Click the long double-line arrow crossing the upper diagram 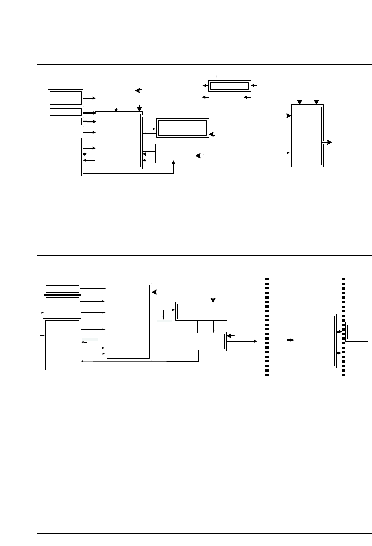215,115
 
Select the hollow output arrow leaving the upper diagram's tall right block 328,142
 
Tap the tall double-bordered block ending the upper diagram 307,136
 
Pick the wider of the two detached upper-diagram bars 229,86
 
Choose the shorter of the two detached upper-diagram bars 226,98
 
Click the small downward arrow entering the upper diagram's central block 116,110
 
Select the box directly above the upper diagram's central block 115,99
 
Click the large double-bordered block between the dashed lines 315,341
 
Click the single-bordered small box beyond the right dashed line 357,332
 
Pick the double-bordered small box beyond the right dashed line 357,353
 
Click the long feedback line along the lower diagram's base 139,361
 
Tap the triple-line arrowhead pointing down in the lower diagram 213,299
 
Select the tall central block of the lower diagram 128,321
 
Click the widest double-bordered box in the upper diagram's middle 182,128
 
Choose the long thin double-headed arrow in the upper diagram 243,153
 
